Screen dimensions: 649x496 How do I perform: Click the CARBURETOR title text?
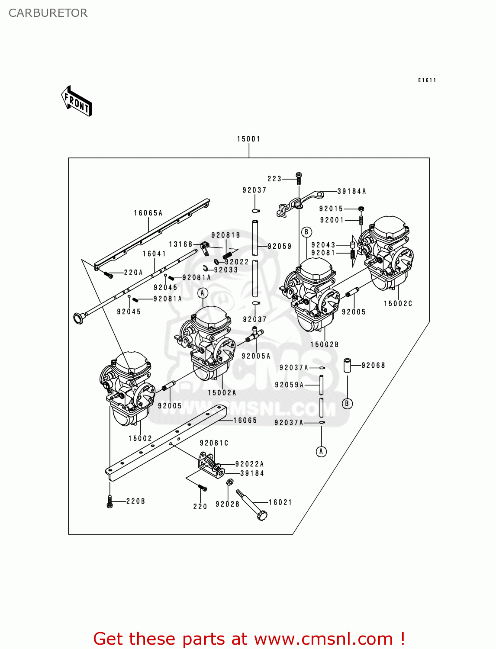point(48,13)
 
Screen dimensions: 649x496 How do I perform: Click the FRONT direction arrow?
point(77,102)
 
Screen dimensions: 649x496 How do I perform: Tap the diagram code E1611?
point(427,80)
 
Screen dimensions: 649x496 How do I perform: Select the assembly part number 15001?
point(248,139)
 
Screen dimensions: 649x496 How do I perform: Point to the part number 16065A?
point(148,213)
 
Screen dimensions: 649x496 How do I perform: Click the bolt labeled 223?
point(299,176)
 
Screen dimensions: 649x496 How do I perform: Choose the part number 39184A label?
point(351,191)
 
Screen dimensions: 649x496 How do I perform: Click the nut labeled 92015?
point(361,209)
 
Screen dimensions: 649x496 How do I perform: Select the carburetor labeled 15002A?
point(208,342)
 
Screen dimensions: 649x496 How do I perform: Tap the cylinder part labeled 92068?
point(347,365)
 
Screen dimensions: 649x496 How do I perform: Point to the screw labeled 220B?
point(110,501)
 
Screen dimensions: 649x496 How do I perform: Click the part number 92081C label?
point(214,443)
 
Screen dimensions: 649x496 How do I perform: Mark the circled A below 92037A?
point(321,452)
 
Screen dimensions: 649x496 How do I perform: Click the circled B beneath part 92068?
point(347,404)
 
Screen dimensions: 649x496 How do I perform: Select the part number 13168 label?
point(180,244)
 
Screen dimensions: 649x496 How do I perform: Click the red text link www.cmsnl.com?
point(323,639)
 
